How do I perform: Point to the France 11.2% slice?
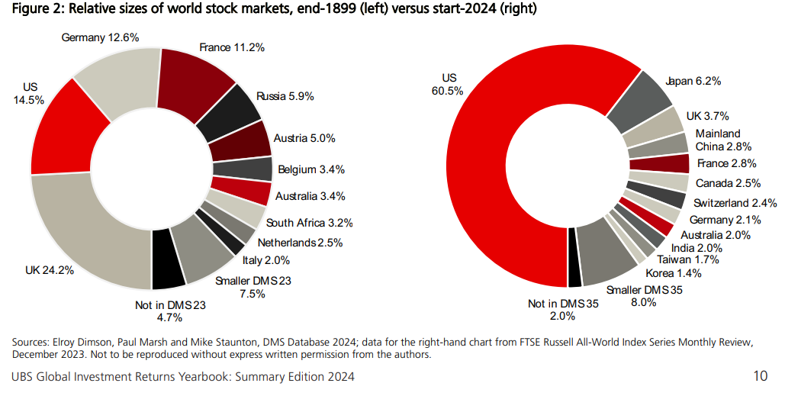point(198,76)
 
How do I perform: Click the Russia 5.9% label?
point(285,96)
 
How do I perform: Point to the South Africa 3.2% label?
point(309,224)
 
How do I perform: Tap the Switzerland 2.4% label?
point(735,203)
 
